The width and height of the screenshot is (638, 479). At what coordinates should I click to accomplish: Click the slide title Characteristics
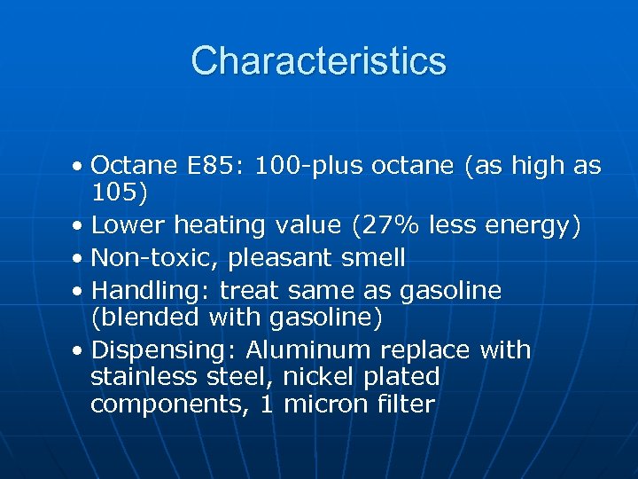318,61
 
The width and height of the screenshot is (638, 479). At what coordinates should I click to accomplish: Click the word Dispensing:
165,349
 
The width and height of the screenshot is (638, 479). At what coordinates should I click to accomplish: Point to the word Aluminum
311,349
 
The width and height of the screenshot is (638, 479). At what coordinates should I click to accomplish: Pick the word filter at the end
404,404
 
